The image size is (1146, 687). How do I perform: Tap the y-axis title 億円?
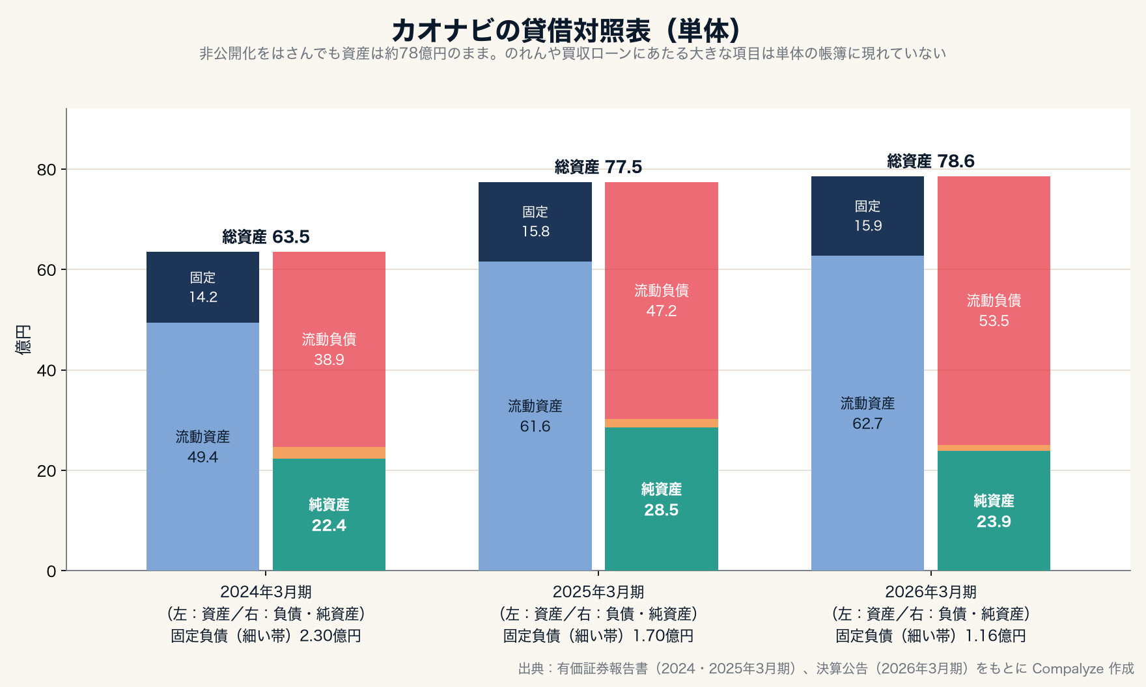tap(23, 339)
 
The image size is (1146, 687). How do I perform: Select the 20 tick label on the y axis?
tap(47, 471)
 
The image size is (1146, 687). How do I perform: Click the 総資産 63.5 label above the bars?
tap(266, 237)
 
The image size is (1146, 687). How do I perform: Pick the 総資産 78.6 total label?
tap(930, 161)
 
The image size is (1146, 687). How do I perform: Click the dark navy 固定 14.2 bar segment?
tap(203, 287)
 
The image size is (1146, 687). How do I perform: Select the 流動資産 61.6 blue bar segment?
tap(535, 416)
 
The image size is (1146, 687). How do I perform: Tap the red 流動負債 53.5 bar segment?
tap(994, 310)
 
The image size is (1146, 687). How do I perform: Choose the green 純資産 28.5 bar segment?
tap(662, 499)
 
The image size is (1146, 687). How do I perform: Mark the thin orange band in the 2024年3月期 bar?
tap(329, 453)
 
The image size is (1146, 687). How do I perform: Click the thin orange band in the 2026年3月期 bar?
tap(994, 448)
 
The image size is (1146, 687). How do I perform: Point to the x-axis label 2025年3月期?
tap(598, 592)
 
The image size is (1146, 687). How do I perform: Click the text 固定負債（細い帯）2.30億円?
tap(266, 636)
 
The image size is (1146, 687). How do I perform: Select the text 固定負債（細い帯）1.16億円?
tap(930, 636)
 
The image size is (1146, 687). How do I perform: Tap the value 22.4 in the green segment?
tap(329, 526)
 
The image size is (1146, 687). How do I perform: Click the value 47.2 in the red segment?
tap(662, 311)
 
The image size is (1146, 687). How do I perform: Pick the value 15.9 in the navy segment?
tap(868, 226)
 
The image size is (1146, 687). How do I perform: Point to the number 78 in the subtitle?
tap(408, 53)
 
